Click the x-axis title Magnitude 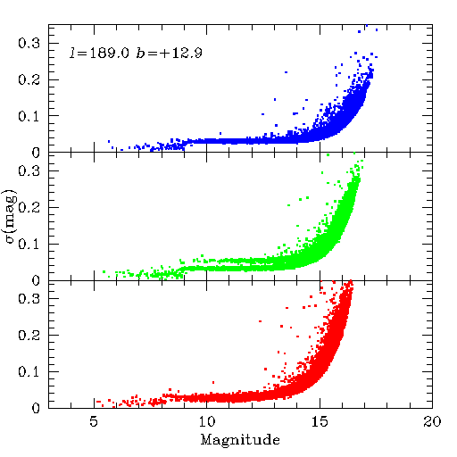(x=240, y=440)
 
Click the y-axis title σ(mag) (x=11, y=216)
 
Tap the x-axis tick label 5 (x=94, y=421)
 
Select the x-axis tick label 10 (x=206, y=421)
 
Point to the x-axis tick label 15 (x=320, y=421)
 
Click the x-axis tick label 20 (x=432, y=421)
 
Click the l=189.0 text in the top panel (x=99, y=53)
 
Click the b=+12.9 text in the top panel (x=170, y=53)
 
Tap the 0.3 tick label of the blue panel (x=29, y=43)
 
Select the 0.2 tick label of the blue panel (x=29, y=79)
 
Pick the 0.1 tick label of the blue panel (x=29, y=116)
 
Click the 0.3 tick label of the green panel (x=29, y=170)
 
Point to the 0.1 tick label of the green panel (x=29, y=245)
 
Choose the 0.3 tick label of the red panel (x=29, y=298)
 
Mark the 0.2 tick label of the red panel (x=29, y=336)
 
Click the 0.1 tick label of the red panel (x=29, y=371)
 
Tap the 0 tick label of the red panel (x=36, y=408)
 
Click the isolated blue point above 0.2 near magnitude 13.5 (x=286, y=72)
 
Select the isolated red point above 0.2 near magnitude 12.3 (x=260, y=321)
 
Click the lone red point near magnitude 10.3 (x=213, y=382)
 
